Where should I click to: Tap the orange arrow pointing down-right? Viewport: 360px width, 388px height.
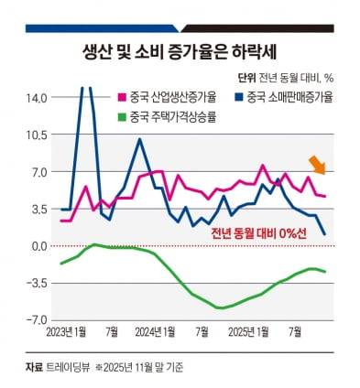(317, 165)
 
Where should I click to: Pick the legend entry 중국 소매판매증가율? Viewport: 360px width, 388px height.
(289, 96)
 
